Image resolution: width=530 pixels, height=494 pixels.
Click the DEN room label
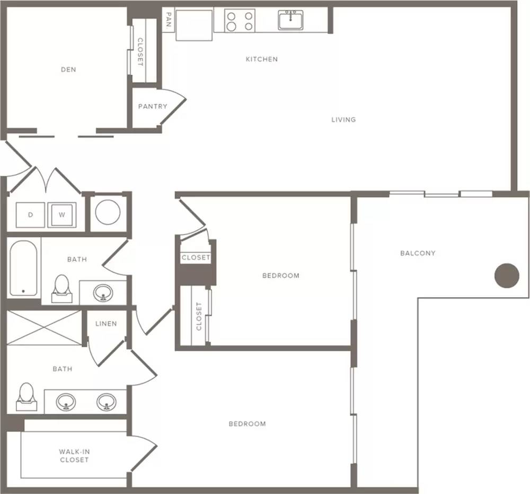click(68, 70)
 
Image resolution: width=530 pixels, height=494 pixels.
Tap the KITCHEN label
click(262, 59)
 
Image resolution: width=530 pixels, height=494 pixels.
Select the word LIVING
click(343, 119)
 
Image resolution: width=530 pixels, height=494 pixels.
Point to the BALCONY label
click(418, 253)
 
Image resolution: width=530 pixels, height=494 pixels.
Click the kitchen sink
click(290, 20)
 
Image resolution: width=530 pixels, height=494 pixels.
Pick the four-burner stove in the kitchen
click(240, 21)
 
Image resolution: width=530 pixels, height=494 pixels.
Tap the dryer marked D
click(30, 215)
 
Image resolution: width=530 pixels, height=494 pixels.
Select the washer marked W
click(62, 215)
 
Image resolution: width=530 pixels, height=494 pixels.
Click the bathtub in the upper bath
click(23, 268)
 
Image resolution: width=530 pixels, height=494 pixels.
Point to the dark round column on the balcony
click(507, 275)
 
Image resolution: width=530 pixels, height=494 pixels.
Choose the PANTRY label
click(153, 106)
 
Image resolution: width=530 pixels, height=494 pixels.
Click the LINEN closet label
click(106, 324)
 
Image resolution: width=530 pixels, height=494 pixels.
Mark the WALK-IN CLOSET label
click(74, 456)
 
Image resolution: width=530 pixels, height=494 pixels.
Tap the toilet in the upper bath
click(61, 288)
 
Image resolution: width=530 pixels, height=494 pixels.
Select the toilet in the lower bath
click(26, 396)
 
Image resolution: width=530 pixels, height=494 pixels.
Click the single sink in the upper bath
click(103, 293)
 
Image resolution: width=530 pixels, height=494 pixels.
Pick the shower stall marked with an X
click(44, 327)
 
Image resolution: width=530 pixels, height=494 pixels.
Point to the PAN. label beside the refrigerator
click(169, 20)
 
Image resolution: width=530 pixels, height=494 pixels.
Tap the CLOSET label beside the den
click(140, 52)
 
